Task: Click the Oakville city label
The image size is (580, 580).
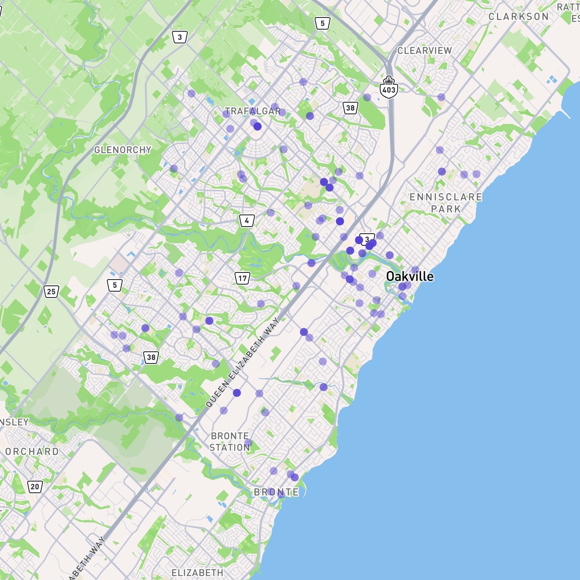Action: tap(409, 276)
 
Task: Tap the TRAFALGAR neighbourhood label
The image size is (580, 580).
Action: tap(253, 111)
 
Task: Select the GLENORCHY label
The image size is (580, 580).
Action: tap(123, 150)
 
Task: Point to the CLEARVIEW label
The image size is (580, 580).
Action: tap(424, 50)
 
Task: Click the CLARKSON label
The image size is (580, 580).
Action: tap(518, 17)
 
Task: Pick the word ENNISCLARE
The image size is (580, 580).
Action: tap(446, 197)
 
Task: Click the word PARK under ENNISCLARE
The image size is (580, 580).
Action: tap(446, 209)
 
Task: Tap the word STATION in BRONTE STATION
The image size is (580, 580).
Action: tap(229, 447)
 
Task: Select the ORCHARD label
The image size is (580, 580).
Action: tap(32, 451)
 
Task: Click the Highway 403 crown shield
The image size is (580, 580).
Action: tap(388, 87)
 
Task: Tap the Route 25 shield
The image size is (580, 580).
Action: tap(51, 291)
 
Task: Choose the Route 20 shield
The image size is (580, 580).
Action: tap(35, 486)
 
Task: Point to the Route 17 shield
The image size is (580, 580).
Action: tap(242, 278)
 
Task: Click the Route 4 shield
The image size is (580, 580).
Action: tap(247, 220)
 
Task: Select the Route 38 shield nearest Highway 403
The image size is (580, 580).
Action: tap(350, 108)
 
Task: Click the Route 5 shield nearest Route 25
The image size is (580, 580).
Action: tap(115, 285)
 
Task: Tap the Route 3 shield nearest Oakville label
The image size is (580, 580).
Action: tap(367, 239)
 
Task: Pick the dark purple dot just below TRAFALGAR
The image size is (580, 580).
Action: tap(257, 126)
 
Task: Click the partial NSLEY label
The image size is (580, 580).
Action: tap(14, 422)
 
